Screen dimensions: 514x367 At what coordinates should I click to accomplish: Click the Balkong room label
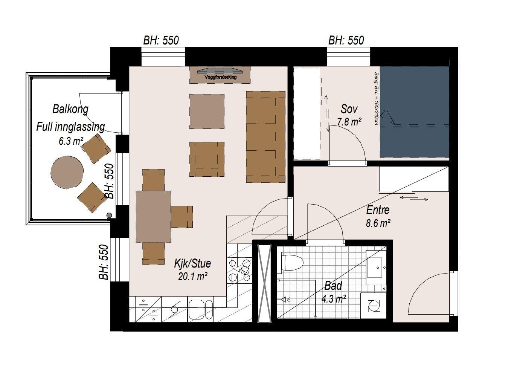70,109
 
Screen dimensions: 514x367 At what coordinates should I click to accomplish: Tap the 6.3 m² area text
71,141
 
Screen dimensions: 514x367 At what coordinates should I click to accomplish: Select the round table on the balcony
67,173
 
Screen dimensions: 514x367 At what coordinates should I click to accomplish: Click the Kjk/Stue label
192,263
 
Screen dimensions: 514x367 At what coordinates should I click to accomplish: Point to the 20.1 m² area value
193,276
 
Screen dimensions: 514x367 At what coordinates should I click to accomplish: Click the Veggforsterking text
220,77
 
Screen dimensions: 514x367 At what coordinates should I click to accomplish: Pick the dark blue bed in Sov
415,112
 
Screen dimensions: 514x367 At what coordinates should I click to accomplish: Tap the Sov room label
349,109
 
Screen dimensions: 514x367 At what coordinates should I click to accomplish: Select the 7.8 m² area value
349,122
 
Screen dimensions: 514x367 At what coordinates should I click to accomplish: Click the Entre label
378,210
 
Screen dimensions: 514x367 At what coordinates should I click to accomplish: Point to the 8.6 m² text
378,223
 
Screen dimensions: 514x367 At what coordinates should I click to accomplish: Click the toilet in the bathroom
290,263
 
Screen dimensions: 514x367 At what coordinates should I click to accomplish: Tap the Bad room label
333,286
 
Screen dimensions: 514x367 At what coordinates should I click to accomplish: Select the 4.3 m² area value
333,299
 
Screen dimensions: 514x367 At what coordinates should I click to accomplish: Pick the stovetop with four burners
239,270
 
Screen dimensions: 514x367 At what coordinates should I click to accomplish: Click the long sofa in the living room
266,137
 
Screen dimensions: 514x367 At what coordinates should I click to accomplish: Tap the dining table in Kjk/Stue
153,217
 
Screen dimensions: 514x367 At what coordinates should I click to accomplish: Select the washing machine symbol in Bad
373,306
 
